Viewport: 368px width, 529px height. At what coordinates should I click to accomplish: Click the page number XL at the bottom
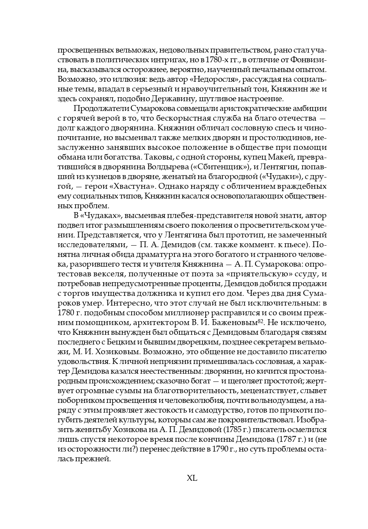click(x=192, y=478)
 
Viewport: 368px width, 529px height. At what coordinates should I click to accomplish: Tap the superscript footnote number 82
click(x=260, y=320)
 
